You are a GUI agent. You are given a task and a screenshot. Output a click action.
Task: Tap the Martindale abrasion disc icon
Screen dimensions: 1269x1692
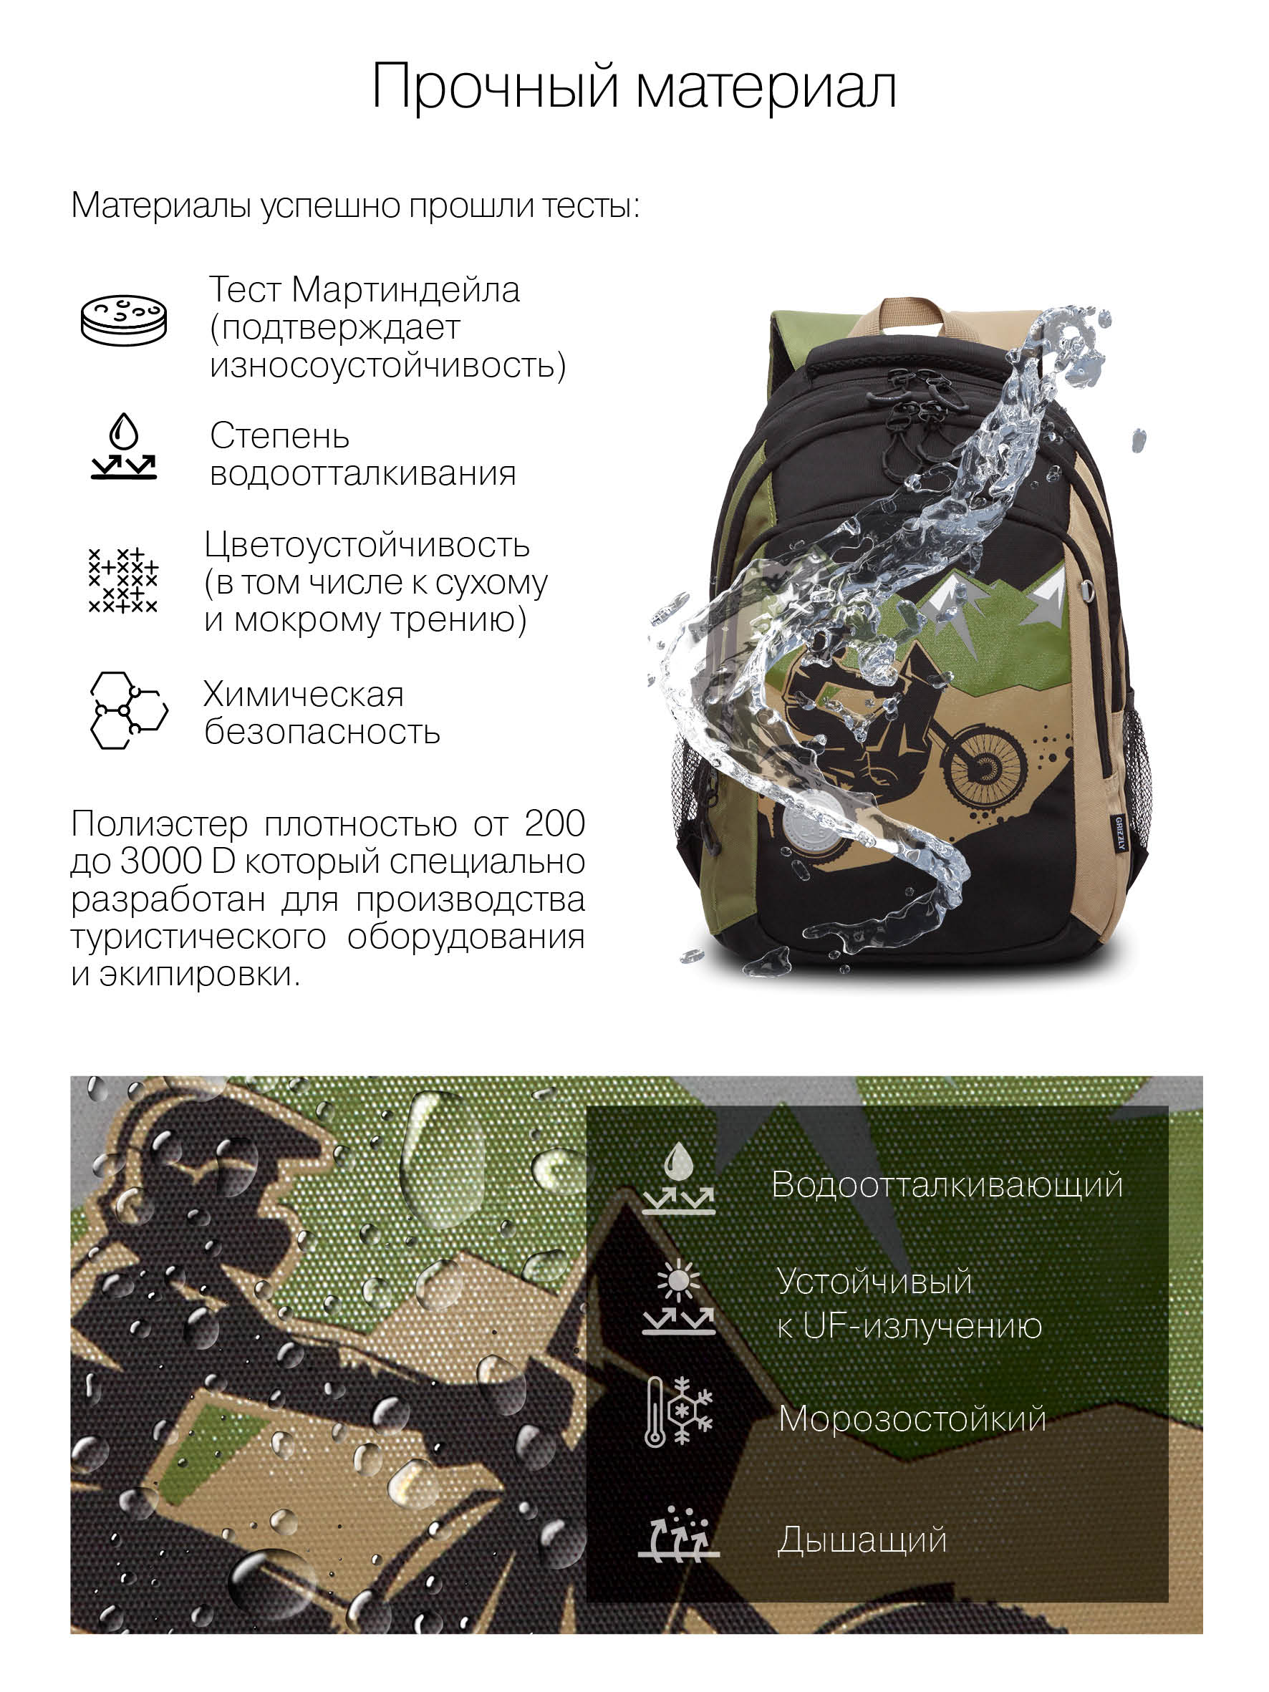[x=124, y=320]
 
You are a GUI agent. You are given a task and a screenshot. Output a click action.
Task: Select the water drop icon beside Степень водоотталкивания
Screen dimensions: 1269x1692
[x=124, y=447]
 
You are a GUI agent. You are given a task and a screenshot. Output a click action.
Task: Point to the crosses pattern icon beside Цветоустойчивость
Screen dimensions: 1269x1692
[x=123, y=581]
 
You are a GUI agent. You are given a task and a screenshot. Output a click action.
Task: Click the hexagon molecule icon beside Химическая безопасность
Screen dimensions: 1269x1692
[x=128, y=710]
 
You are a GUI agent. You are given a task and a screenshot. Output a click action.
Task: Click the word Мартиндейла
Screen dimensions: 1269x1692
[x=405, y=291]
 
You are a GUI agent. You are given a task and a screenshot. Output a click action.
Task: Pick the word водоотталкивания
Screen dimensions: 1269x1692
[x=363, y=473]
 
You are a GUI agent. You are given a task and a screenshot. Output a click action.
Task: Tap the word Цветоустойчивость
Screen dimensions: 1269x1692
[x=367, y=546]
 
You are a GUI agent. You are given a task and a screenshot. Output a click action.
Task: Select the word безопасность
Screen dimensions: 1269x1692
[x=322, y=732]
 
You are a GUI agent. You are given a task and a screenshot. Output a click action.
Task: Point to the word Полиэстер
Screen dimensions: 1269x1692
[x=159, y=825]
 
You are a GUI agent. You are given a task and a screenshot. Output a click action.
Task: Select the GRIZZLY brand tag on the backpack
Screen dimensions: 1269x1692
[x=1119, y=832]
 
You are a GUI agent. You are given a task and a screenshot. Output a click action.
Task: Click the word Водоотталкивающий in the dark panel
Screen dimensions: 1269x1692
[x=947, y=1185]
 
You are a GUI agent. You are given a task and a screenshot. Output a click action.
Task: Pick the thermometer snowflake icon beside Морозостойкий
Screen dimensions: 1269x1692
[x=678, y=1412]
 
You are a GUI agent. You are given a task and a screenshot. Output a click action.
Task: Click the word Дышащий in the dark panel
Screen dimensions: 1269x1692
[x=862, y=1539]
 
